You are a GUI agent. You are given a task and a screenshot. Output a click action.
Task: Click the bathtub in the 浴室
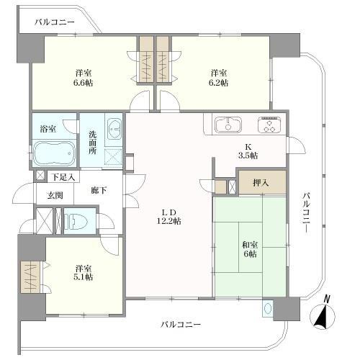pyautogui.click(x=54, y=153)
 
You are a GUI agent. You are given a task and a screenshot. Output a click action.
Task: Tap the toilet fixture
pyautogui.click(x=77, y=221)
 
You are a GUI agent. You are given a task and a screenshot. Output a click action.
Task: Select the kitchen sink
pyautogui.click(x=228, y=125)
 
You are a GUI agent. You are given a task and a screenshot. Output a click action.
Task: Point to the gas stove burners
pyautogui.click(x=269, y=125)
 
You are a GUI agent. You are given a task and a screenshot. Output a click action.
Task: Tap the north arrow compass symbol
pyautogui.click(x=322, y=313)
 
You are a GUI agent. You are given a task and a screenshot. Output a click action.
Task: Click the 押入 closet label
pyautogui.click(x=261, y=183)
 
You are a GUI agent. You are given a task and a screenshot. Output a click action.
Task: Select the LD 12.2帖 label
pyautogui.click(x=169, y=217)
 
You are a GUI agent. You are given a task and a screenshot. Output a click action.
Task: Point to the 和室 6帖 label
pyautogui.click(x=250, y=250)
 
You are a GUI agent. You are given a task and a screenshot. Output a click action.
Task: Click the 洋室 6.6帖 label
pyautogui.click(x=84, y=78)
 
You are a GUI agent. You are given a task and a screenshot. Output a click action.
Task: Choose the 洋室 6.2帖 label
pyautogui.click(x=219, y=78)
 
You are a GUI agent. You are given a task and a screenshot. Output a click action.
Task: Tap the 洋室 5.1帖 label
pyautogui.click(x=84, y=273)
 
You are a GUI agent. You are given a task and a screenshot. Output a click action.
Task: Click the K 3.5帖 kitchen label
pyautogui.click(x=248, y=151)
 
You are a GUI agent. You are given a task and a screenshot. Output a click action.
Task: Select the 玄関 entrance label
pyautogui.click(x=55, y=195)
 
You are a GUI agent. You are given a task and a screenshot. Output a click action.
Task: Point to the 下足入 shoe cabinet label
pyautogui.click(x=63, y=177)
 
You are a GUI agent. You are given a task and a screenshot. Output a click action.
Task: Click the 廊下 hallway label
pyautogui.click(x=99, y=191)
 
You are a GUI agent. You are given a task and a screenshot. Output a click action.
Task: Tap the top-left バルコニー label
pyautogui.click(x=55, y=22)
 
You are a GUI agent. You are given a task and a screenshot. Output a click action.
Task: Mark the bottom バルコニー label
pyautogui.click(x=181, y=325)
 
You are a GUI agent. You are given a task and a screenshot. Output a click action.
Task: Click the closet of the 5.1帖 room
pyautogui.click(x=30, y=276)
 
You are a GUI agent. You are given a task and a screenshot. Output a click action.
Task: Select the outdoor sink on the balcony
pyautogui.click(x=268, y=308)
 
